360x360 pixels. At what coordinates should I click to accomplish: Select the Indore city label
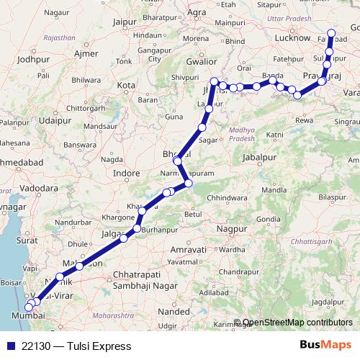point(127,173)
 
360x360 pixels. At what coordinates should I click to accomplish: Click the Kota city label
point(126,85)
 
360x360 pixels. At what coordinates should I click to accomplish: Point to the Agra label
point(196,12)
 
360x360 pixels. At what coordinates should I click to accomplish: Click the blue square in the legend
point(9,346)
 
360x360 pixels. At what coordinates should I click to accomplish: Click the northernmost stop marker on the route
point(332,32)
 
